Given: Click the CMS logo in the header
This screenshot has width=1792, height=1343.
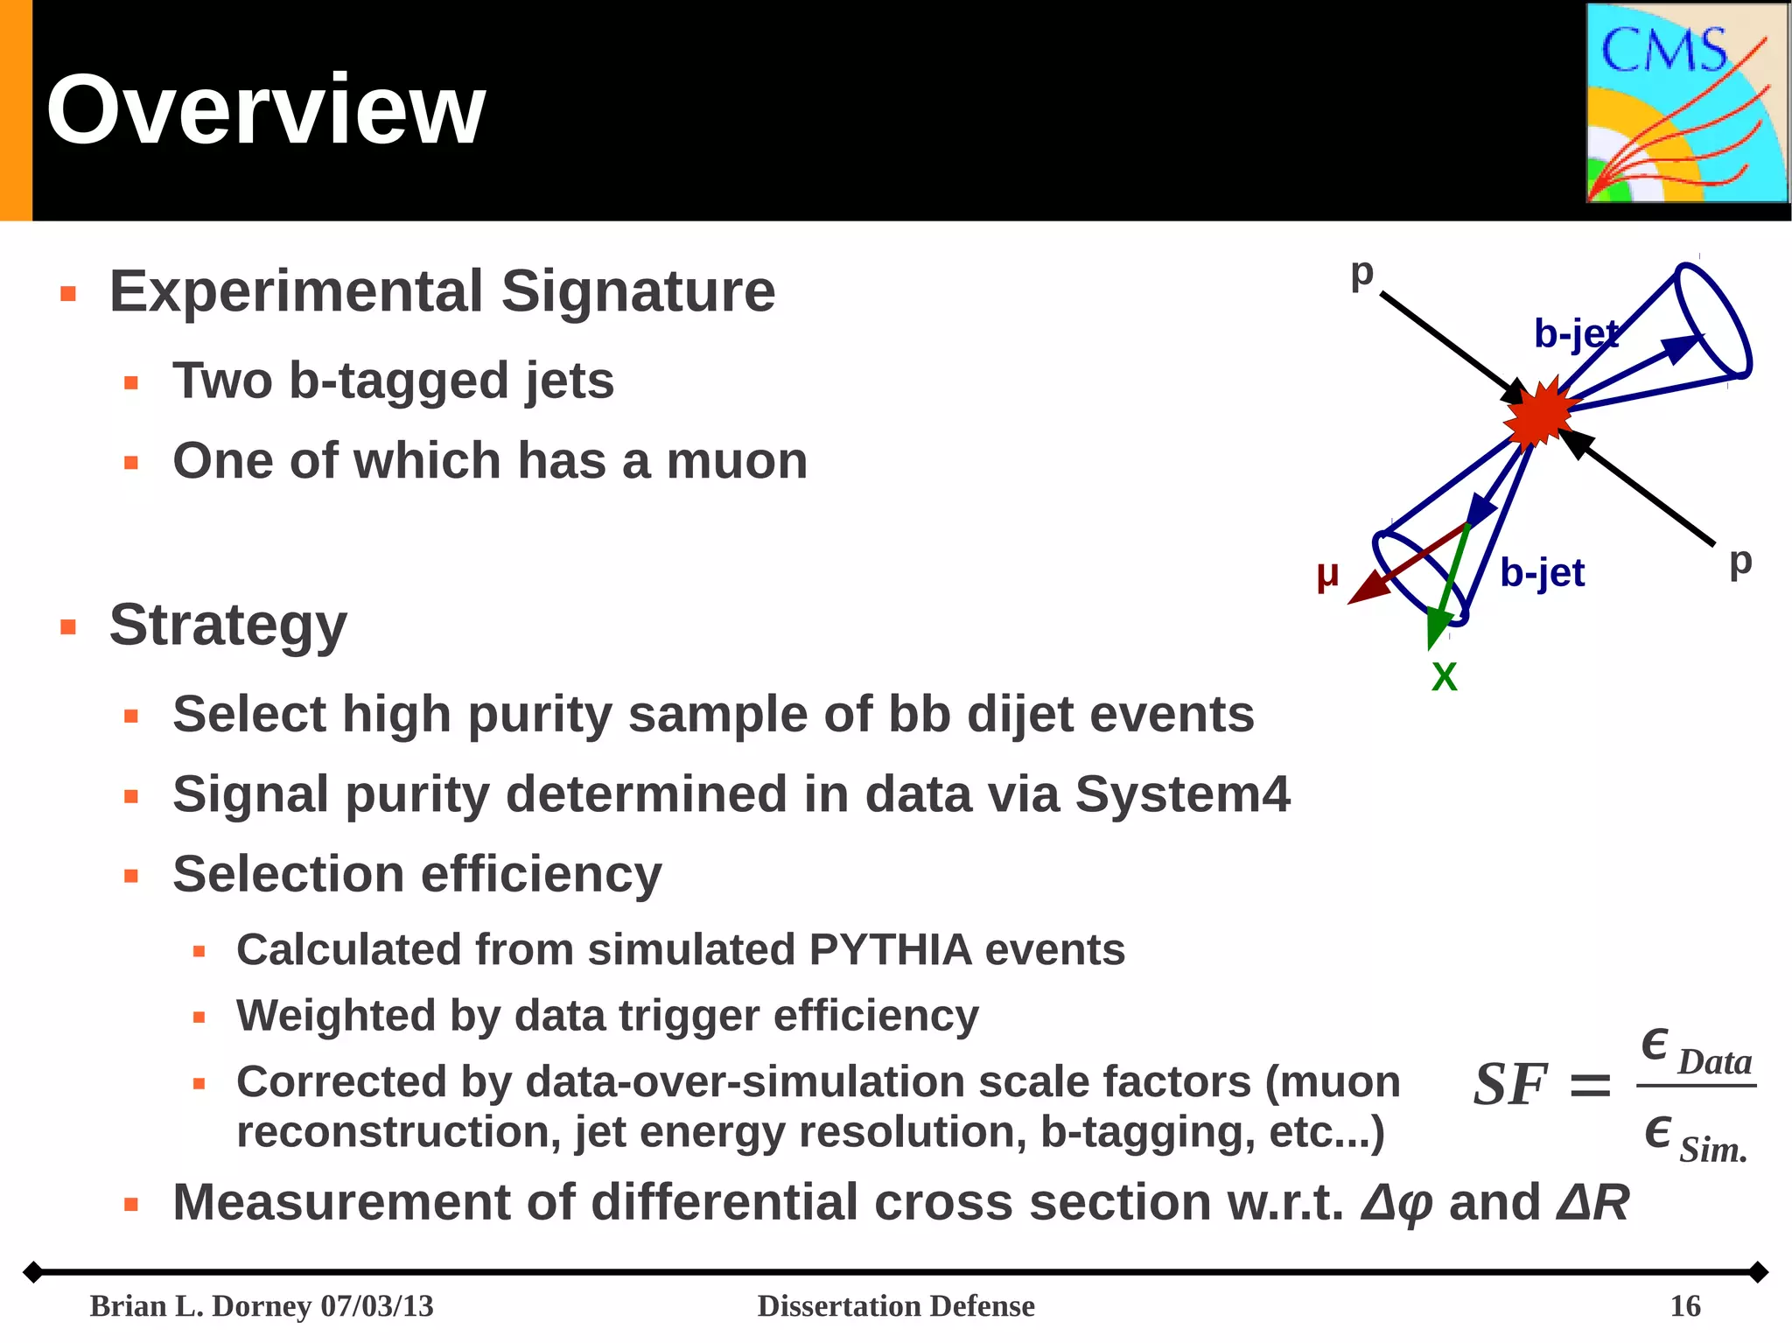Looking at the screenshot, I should [1687, 103].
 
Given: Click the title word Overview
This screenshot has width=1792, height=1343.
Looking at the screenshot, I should [266, 110].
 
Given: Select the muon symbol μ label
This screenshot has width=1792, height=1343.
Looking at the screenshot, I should [1327, 576].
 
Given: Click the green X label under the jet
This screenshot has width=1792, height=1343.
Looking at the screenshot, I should [1444, 677].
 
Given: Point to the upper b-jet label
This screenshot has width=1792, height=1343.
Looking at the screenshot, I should [1577, 334].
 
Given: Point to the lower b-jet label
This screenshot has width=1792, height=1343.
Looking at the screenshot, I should [1542, 573].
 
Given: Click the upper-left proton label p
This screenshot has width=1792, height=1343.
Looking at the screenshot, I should [1361, 273].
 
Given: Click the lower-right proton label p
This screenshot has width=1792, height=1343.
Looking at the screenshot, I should [1740, 561].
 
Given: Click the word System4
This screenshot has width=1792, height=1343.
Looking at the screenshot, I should [1182, 794].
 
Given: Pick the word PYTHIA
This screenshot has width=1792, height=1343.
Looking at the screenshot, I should [891, 950].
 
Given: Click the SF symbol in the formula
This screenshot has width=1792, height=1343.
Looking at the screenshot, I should [1510, 1085].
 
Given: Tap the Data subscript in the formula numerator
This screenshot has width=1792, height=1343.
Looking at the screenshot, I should [1714, 1062].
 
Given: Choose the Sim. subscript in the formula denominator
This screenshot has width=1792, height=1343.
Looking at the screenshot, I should [1712, 1150].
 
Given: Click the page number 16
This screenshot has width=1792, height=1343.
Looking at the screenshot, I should [1685, 1306].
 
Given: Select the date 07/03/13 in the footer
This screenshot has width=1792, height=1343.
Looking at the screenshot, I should [377, 1306].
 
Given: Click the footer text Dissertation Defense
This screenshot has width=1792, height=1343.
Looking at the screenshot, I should [896, 1306].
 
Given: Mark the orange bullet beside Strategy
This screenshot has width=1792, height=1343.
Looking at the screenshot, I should [68, 626].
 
